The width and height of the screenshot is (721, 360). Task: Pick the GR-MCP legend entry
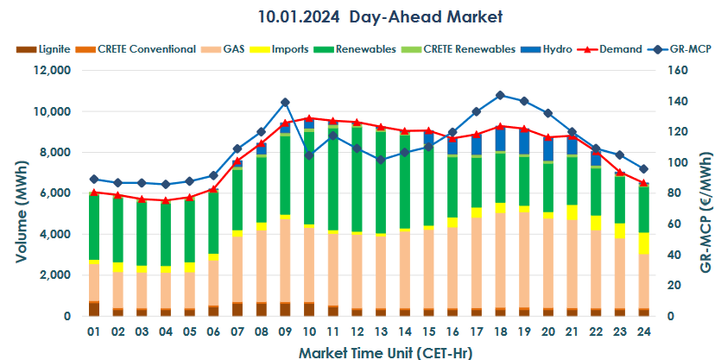(690, 49)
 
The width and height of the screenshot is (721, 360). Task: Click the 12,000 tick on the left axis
(51, 71)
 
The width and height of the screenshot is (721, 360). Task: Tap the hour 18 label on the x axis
(500, 332)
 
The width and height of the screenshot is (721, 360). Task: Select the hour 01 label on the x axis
(93, 332)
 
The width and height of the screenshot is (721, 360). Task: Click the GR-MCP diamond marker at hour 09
(285, 102)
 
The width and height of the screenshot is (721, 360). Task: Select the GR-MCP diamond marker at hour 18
(500, 95)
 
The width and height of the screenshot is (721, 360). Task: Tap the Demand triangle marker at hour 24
(643, 183)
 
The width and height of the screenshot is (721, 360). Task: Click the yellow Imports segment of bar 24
(643, 243)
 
